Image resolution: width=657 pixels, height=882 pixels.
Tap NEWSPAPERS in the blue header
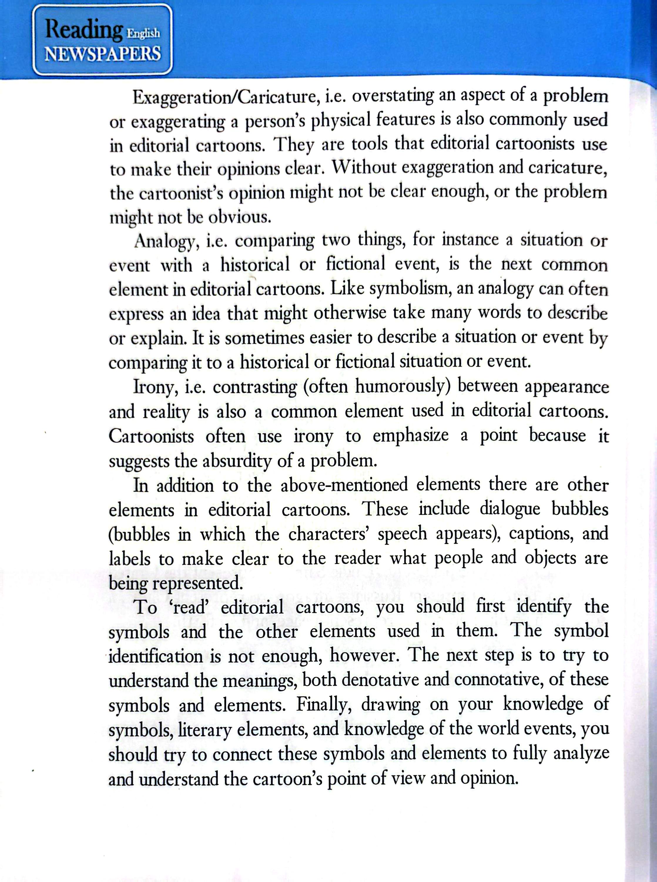click(103, 54)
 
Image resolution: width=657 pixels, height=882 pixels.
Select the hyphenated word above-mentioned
click(344, 485)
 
